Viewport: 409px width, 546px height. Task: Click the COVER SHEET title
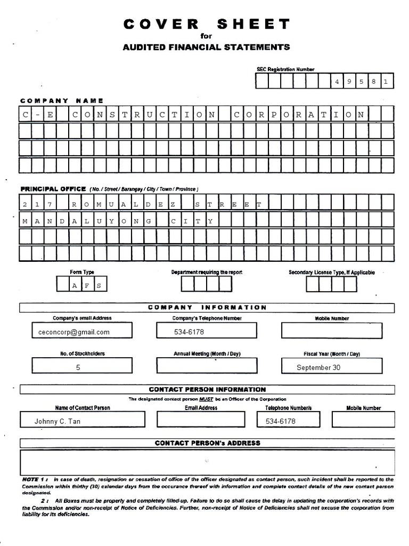(x=207, y=24)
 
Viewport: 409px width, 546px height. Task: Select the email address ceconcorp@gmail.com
(x=78, y=332)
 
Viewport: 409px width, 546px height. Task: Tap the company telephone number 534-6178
(x=189, y=332)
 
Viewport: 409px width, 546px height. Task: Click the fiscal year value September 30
(x=318, y=367)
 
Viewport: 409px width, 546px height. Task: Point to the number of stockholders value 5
(x=78, y=367)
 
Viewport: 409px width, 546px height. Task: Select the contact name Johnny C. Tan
(x=58, y=421)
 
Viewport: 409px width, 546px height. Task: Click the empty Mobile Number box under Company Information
(x=331, y=331)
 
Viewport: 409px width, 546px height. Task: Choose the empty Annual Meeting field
(x=207, y=366)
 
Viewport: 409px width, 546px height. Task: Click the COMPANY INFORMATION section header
(x=207, y=308)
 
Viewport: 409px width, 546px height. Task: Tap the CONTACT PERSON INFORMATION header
(x=207, y=389)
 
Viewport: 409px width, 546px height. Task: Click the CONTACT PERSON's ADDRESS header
(x=207, y=443)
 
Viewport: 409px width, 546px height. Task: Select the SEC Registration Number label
(x=285, y=69)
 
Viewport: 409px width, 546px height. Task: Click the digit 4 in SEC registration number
(x=337, y=82)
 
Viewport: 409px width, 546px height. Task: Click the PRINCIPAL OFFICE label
(x=53, y=189)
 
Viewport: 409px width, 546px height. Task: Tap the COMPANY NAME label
(x=62, y=100)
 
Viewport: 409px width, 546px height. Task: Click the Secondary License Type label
(x=331, y=272)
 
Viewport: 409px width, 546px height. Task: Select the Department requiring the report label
(x=207, y=272)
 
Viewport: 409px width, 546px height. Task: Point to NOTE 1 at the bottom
(x=35, y=479)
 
